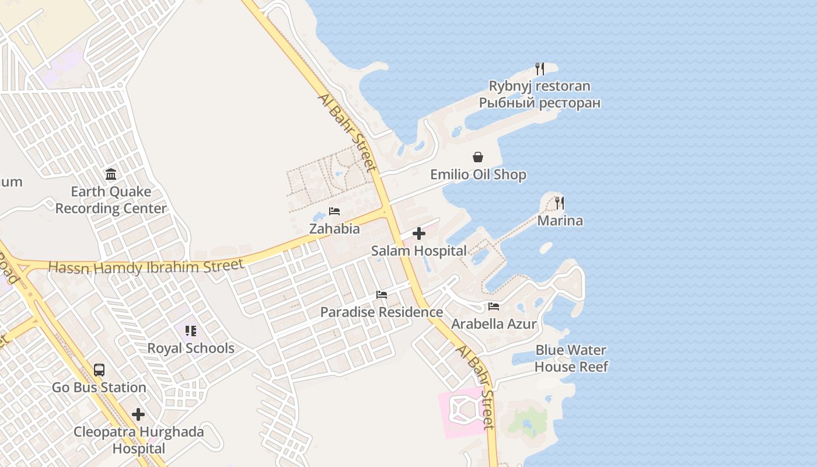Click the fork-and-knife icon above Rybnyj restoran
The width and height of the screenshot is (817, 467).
pyautogui.click(x=540, y=69)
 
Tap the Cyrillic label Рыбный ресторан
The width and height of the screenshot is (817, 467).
pyautogui.click(x=539, y=103)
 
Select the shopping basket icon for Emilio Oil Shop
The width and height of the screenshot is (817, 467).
pyautogui.click(x=478, y=157)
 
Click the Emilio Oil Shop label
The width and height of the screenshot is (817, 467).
pyautogui.click(x=478, y=175)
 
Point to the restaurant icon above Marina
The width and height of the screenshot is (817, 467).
pyautogui.click(x=560, y=203)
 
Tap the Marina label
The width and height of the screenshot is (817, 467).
pyautogui.click(x=560, y=221)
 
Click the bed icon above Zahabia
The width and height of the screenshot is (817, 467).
pyautogui.click(x=334, y=211)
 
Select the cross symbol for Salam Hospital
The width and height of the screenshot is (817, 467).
pyautogui.click(x=419, y=234)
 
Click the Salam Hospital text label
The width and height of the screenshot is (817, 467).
pyautogui.click(x=419, y=251)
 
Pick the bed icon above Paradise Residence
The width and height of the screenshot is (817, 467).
pyautogui.click(x=382, y=295)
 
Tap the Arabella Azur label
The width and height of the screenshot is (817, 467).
pyautogui.click(x=494, y=323)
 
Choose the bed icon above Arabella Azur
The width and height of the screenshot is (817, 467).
pyautogui.click(x=494, y=306)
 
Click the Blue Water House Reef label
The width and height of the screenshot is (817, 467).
pyautogui.click(x=571, y=358)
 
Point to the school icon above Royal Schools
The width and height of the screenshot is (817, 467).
pyautogui.click(x=190, y=331)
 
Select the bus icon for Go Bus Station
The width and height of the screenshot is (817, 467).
pyautogui.click(x=99, y=370)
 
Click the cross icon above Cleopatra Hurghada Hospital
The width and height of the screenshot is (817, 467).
pyautogui.click(x=138, y=414)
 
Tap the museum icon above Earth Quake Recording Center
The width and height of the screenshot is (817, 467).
pyautogui.click(x=111, y=174)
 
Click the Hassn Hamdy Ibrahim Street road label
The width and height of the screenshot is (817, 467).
pyautogui.click(x=146, y=267)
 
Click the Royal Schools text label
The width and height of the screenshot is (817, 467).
pyautogui.click(x=190, y=348)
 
